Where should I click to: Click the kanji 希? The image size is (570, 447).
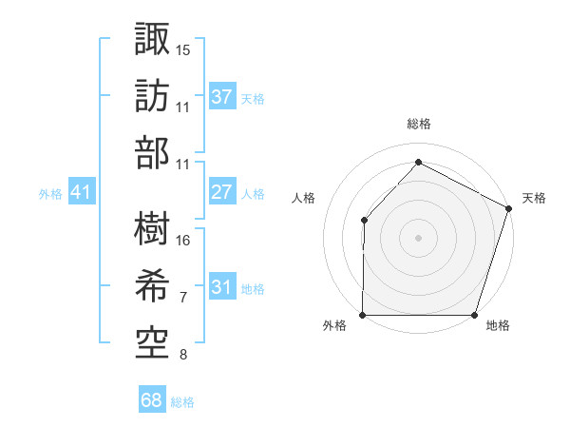tap(152, 283)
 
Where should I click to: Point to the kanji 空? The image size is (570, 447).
tap(152, 340)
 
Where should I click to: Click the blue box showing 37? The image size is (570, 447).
tap(222, 96)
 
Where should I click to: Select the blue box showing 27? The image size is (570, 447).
tap(222, 192)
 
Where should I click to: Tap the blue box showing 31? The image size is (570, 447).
tap(222, 287)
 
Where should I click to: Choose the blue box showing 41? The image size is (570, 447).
tap(81, 192)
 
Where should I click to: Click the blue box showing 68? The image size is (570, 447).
tap(152, 400)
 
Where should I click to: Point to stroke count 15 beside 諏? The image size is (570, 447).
tap(183, 49)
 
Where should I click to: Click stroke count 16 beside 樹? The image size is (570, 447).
tap(183, 240)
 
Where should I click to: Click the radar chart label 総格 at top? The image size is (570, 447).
tap(419, 124)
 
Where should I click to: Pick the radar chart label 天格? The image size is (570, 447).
tap(534, 198)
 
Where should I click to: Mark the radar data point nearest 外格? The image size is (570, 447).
tap(363, 315)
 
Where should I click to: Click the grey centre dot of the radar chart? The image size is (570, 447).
tap(418, 238)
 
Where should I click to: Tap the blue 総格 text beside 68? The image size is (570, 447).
tap(182, 401)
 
